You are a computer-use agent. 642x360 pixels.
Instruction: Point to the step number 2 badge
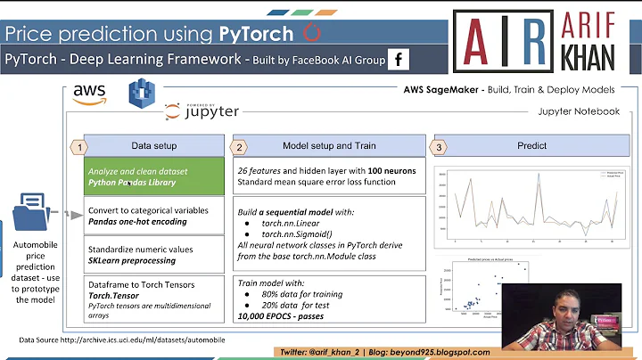coord(238,146)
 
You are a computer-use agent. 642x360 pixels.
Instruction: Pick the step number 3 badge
coord(438,146)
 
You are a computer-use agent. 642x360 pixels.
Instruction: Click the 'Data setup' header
coord(153,146)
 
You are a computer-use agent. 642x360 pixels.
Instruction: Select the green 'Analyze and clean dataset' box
coord(154,176)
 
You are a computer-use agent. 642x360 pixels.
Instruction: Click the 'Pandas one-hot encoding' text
coord(136,222)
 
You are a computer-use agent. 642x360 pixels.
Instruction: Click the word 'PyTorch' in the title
coord(256,34)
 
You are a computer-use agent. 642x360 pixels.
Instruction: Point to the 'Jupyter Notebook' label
coord(578,111)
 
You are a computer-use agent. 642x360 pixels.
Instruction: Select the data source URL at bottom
coord(123,340)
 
